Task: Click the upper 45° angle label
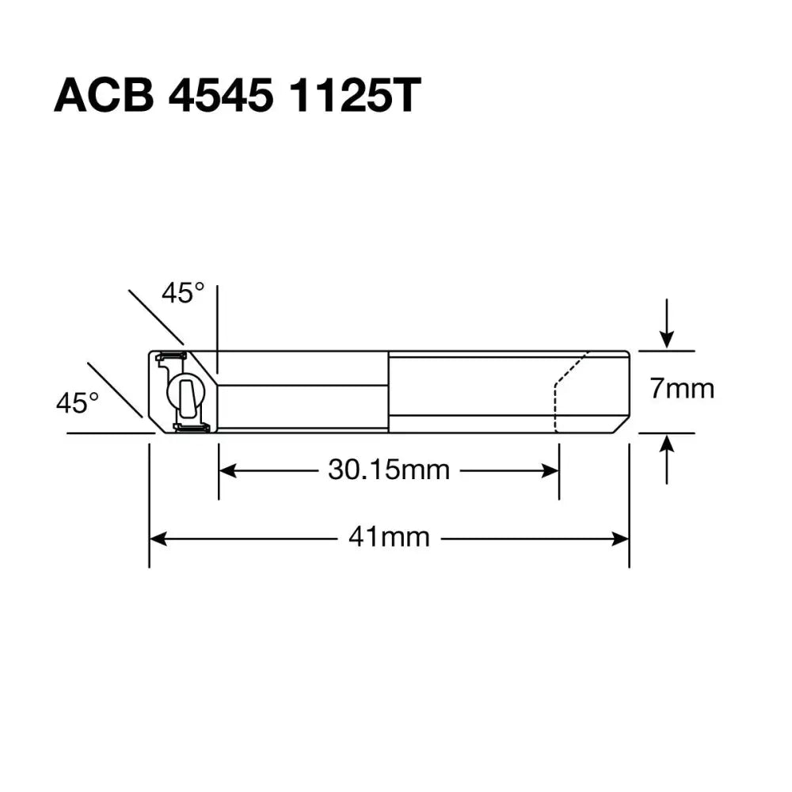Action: (183, 294)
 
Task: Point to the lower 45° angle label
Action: (77, 403)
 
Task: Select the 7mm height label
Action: (682, 390)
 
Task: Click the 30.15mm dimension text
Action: (388, 470)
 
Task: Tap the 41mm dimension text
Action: (389, 539)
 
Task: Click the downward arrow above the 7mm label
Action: (668, 339)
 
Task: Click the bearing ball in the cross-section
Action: (183, 393)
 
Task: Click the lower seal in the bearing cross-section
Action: (191, 428)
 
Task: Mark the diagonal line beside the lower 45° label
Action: (115, 389)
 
